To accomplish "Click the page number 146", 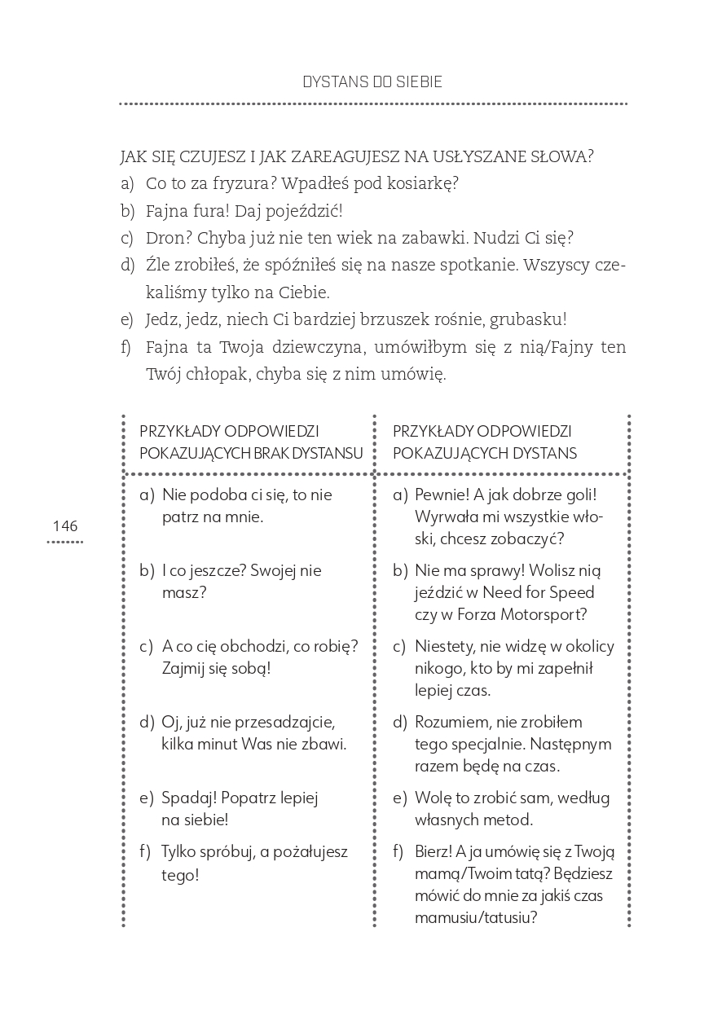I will [64, 526].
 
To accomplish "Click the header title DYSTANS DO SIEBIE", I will [372, 82].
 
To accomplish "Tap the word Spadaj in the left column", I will [188, 798].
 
